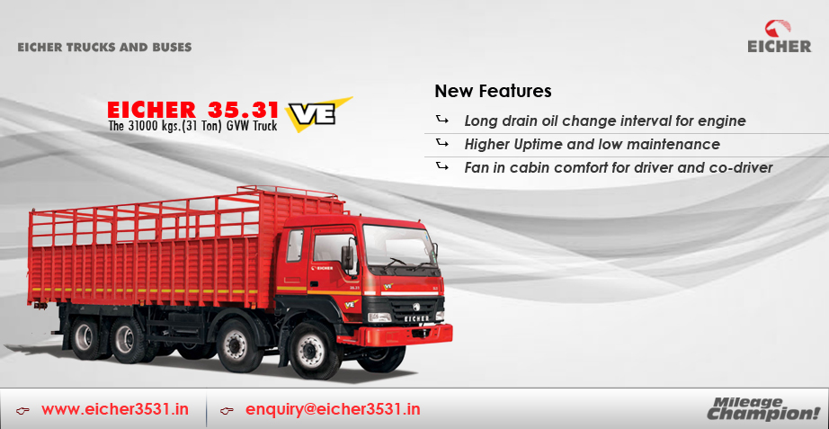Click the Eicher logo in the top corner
(779, 37)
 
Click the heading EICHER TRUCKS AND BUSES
(104, 47)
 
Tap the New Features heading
(493, 91)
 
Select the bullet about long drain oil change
(605, 121)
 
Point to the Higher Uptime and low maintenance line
(593, 144)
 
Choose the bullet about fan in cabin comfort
(619, 167)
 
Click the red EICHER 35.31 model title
(192, 110)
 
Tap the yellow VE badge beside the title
(317, 113)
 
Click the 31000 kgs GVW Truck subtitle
(192, 127)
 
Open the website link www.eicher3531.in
(115, 409)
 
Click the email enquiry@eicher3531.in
(333, 409)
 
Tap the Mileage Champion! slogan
(763, 407)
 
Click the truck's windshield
(400, 245)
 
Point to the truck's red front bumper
(396, 335)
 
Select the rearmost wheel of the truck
(85, 338)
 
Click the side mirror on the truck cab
(347, 257)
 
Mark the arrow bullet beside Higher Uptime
(442, 143)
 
